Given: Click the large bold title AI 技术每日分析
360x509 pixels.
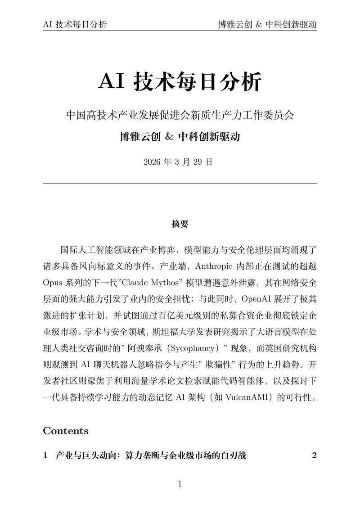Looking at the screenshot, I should [x=180, y=82].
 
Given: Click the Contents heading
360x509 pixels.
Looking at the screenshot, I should [x=66, y=431].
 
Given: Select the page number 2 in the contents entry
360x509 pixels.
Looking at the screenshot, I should [x=314, y=455].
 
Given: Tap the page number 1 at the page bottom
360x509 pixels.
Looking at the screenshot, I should [x=180, y=484].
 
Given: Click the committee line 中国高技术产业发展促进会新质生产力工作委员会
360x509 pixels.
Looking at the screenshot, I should [x=180, y=115].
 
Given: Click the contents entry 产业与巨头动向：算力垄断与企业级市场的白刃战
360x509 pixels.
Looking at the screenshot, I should [x=151, y=455].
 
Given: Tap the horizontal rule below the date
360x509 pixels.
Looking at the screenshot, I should [x=180, y=183].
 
